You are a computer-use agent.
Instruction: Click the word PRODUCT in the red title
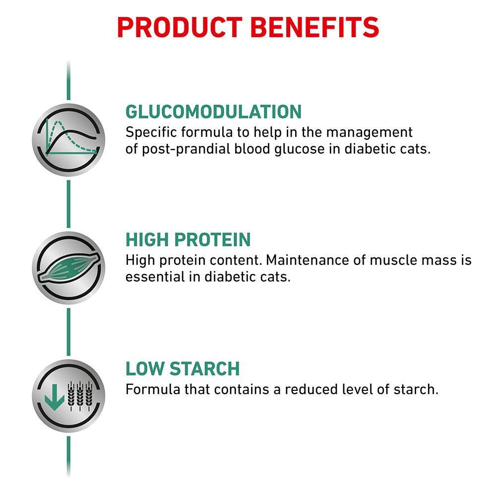point(180,27)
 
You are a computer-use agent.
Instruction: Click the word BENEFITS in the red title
point(315,27)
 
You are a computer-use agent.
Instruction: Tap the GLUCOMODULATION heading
point(213,112)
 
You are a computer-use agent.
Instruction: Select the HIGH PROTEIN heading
point(188,240)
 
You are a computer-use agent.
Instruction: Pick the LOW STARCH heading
point(183,369)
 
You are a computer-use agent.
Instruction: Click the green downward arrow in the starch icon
point(55,397)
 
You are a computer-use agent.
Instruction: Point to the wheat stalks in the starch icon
point(80,396)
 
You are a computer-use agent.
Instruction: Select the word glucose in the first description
point(300,149)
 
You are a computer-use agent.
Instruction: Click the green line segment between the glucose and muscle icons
point(68,204)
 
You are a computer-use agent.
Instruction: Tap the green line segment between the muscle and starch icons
point(68,332)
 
